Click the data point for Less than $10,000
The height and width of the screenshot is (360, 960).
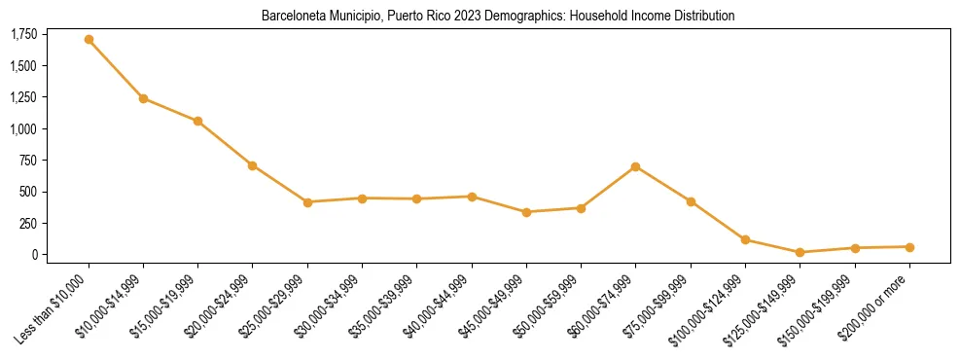(x=89, y=40)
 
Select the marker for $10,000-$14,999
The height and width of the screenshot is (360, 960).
(x=143, y=98)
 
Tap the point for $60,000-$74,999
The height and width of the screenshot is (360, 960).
(x=636, y=166)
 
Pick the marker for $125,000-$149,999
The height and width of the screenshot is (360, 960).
(x=800, y=252)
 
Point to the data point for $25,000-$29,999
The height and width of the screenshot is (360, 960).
(x=307, y=202)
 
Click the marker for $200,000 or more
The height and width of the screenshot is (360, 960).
(x=909, y=247)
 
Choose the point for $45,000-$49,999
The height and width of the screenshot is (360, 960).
(x=526, y=212)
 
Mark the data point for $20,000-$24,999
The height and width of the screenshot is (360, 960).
(x=253, y=165)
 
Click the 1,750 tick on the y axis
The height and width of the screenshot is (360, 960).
(x=23, y=35)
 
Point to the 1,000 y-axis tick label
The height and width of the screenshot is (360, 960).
(x=23, y=128)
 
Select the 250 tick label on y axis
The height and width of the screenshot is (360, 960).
(x=28, y=223)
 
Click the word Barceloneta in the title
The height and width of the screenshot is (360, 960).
(x=293, y=17)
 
